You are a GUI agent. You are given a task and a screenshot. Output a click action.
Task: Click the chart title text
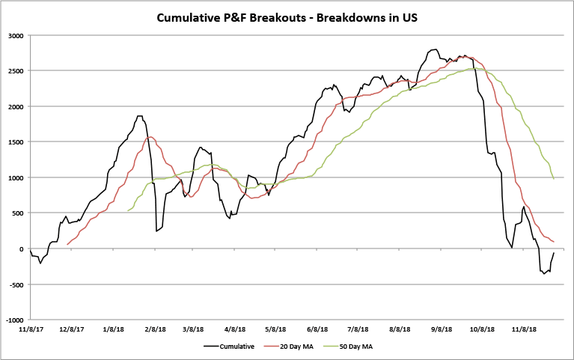pyautogui.click(x=287, y=17)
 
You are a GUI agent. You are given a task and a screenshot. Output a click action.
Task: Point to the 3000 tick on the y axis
pyautogui.click(x=14, y=36)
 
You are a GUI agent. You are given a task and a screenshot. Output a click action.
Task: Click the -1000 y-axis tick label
pyautogui.click(x=13, y=320)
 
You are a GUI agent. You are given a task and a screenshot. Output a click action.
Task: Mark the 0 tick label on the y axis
pyautogui.click(x=21, y=248)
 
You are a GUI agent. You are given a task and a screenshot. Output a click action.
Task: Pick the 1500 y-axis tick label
pyautogui.click(x=14, y=142)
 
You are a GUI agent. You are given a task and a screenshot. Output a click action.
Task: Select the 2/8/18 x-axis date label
pyautogui.click(x=154, y=328)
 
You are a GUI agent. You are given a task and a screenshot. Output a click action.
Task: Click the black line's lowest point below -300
pyautogui.click(x=544, y=274)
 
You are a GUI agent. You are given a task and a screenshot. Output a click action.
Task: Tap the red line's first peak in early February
pyautogui.click(x=151, y=137)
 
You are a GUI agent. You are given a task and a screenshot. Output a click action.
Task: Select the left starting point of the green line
pyautogui.click(x=129, y=211)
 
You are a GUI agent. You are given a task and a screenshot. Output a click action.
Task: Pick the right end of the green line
pyautogui.click(x=554, y=179)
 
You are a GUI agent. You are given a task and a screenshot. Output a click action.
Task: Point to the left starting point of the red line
pyautogui.click(x=67, y=244)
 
